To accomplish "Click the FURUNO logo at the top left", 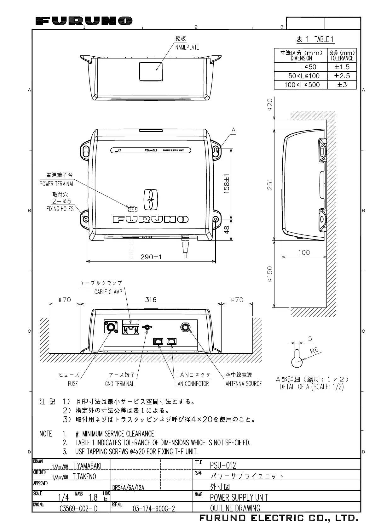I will (84, 21).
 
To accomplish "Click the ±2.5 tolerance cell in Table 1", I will (342, 76).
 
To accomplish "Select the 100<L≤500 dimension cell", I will (302, 85).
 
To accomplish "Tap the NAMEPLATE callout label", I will (187, 47).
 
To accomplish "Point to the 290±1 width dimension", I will (151, 257).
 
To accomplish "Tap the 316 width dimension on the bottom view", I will (151, 300).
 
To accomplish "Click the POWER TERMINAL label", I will (57, 184).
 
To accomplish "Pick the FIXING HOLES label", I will (60, 209).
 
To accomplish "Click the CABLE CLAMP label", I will (108, 292).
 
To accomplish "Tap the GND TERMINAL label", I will (119, 384).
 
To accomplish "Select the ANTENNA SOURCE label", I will (243, 384).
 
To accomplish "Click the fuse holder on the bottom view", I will (111, 327).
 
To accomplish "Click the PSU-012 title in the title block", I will (223, 465).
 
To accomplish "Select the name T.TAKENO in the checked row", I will (84, 476).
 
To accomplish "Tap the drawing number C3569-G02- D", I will (78, 509).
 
